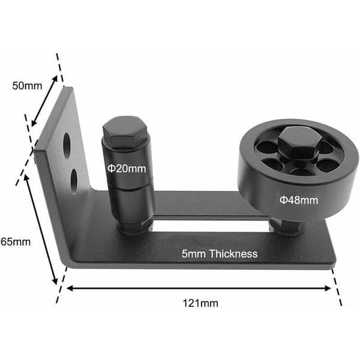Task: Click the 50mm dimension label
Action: click(27, 86)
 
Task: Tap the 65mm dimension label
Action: click(16, 242)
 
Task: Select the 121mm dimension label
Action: click(200, 303)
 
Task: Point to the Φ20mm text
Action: click(127, 169)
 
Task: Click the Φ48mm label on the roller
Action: click(299, 200)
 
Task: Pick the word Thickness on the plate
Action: click(233, 254)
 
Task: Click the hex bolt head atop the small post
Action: click(125, 131)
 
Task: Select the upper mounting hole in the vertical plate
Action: click(67, 146)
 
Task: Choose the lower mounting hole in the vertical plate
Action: click(74, 181)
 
